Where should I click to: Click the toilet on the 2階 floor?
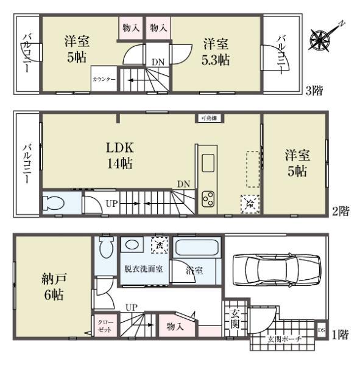(x=53, y=203)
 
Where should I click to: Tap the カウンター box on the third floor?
(x=104, y=80)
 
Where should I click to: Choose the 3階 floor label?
(x=314, y=91)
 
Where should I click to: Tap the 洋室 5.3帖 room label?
(x=216, y=51)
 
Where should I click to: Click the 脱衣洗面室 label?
(x=144, y=268)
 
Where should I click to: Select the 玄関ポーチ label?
(x=284, y=339)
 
